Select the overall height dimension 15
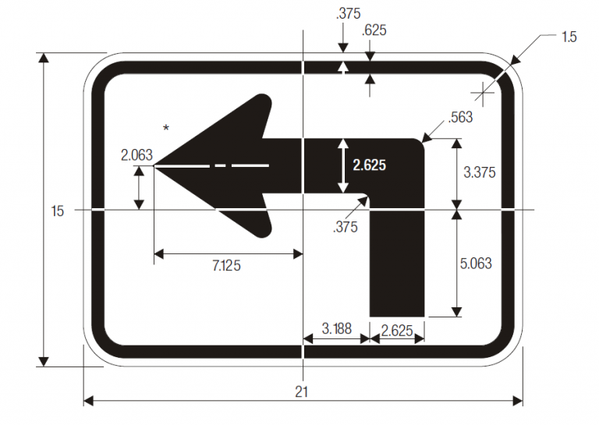pos(57,211)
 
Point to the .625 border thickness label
pos(374,30)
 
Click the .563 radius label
pos(462,118)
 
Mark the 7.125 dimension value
pos(226,266)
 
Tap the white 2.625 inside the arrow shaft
pos(370,165)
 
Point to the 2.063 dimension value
pos(136,155)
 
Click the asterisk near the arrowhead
pos(165,128)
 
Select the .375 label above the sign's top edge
pos(347,14)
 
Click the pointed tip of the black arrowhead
pos(157,165)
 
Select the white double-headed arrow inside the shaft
pos(342,165)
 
